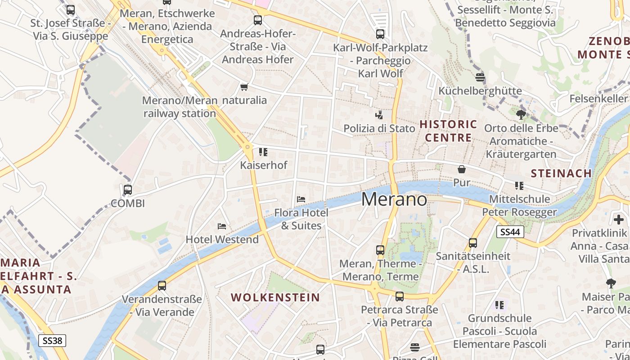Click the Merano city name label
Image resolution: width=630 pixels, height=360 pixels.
[x=394, y=199]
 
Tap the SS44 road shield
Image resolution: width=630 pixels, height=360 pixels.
[x=510, y=232]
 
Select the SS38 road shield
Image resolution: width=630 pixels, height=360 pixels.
[x=52, y=341]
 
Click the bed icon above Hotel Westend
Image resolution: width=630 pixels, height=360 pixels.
[x=222, y=226]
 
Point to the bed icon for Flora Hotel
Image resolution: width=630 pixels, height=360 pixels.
[x=301, y=199]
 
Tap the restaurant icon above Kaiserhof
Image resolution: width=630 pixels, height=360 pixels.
[x=263, y=152]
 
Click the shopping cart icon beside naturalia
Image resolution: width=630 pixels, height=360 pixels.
[x=244, y=87]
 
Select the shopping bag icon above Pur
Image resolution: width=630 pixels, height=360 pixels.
[x=462, y=169]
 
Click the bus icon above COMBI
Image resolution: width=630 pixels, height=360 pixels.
[x=128, y=190]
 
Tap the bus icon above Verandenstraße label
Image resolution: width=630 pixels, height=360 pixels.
[x=162, y=285]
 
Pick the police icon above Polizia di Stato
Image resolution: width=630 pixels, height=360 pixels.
[x=379, y=115]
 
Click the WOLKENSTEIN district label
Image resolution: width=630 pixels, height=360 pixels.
[x=275, y=297]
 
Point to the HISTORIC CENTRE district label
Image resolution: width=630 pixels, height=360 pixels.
[x=448, y=130]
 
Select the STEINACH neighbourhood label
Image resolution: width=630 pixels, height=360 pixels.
[x=561, y=173]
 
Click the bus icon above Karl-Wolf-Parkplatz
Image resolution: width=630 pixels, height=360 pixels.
[x=380, y=34]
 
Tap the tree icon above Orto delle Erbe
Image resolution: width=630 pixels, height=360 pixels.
[x=521, y=115]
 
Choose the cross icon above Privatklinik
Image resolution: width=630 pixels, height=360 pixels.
[x=619, y=220]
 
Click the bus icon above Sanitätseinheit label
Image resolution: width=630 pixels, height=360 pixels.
[x=473, y=243]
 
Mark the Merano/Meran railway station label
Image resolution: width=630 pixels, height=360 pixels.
[x=180, y=107]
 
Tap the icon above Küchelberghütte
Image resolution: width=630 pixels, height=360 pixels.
[x=480, y=77]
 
